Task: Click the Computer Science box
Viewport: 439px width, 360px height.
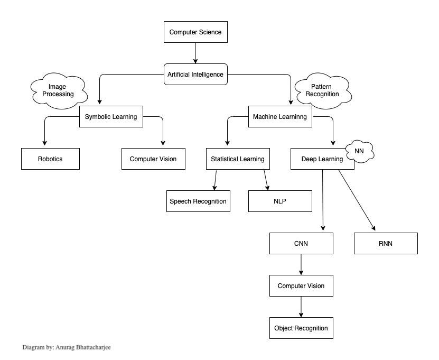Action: pyautogui.click(x=195, y=32)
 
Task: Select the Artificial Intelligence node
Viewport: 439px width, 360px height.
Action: pyautogui.click(x=195, y=75)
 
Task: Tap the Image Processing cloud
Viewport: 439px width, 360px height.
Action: pyautogui.click(x=57, y=90)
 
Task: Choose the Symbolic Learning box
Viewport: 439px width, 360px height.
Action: pyautogui.click(x=111, y=117)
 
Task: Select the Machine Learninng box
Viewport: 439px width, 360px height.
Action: pyautogui.click(x=280, y=117)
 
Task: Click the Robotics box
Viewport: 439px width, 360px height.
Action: pyautogui.click(x=50, y=159)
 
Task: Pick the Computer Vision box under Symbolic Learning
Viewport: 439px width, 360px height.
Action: pyautogui.click(x=153, y=159)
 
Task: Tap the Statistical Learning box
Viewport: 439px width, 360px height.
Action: pyautogui.click(x=238, y=159)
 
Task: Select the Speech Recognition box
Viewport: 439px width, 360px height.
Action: pyautogui.click(x=198, y=201)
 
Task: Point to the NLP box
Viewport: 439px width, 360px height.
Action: pyautogui.click(x=280, y=201)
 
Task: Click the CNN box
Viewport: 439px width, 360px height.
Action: pyautogui.click(x=301, y=244)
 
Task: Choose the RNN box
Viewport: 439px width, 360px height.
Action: pyautogui.click(x=386, y=244)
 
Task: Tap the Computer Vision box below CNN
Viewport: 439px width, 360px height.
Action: pyautogui.click(x=301, y=286)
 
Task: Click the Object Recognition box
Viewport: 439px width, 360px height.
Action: pyautogui.click(x=301, y=328)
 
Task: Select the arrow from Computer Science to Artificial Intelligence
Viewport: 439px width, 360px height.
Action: pyautogui.click(x=195, y=53)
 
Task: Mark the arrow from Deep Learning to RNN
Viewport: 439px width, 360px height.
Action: pyautogui.click(x=357, y=201)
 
